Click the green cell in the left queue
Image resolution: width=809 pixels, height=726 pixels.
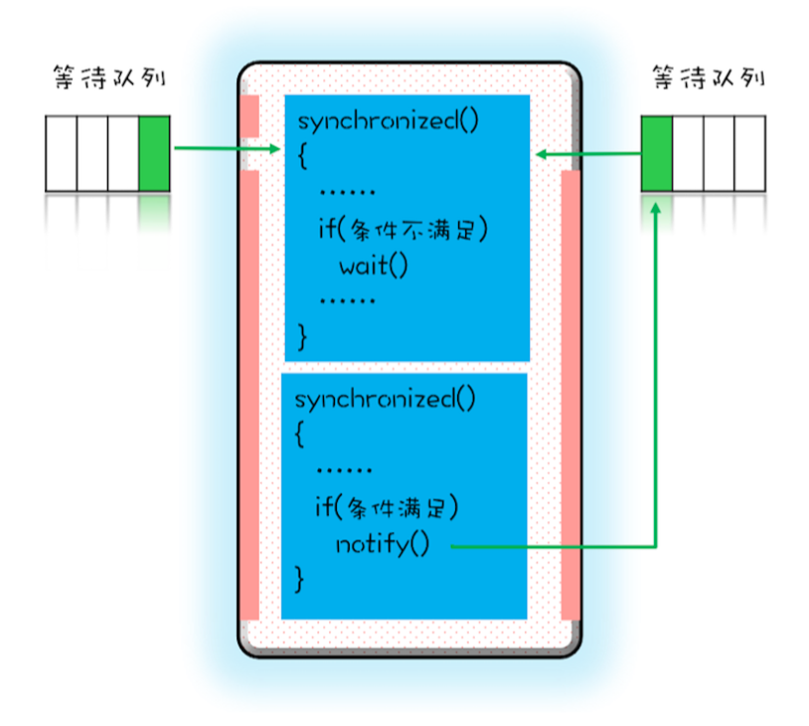[x=154, y=153]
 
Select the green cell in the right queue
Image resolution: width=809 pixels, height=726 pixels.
[x=657, y=153]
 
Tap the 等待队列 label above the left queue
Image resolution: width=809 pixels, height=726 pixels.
[x=109, y=78]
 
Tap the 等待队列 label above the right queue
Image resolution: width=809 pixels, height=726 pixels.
[x=709, y=78]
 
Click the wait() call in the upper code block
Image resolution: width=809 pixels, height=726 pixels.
[x=374, y=266]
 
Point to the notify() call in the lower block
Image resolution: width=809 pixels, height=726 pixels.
[x=383, y=544]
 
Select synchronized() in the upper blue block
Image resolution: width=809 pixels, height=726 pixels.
[x=388, y=121]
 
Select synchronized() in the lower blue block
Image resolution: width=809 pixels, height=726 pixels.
[x=385, y=399]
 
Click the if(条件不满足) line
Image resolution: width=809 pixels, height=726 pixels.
[x=403, y=230]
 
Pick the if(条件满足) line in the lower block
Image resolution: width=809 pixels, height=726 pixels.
[x=387, y=507]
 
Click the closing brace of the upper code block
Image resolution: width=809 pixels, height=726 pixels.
[x=303, y=337]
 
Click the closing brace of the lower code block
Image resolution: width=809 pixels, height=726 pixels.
[x=299, y=579]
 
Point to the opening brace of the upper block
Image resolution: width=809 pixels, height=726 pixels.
[x=303, y=155]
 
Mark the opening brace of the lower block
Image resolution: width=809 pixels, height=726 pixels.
[x=299, y=434]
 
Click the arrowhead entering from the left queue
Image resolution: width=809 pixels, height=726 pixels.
[x=275, y=149]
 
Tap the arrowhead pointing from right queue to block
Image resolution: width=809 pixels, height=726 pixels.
[x=542, y=154]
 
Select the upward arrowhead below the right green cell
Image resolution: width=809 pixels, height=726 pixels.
[x=656, y=208]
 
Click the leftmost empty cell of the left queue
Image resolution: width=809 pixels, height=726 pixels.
[x=62, y=153]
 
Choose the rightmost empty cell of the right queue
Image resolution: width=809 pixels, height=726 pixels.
[x=749, y=153]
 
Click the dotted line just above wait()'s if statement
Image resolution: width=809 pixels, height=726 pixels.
[x=347, y=193]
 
